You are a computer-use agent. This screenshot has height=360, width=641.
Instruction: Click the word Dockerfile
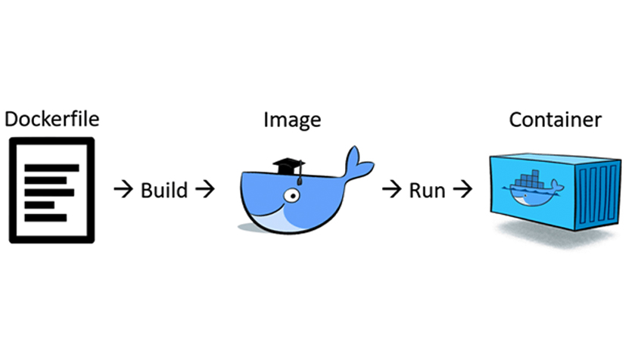51,119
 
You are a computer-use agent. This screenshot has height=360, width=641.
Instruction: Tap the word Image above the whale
291,119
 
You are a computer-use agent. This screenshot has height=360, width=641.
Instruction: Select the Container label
555,119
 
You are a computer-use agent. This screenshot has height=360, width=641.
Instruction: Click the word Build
163,189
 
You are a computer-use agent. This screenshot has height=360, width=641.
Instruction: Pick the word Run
427,189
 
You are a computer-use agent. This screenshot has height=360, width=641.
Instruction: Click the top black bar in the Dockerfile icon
51,168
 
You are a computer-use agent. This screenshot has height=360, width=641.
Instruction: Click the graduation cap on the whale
288,166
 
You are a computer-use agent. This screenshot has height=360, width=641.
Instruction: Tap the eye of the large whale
290,197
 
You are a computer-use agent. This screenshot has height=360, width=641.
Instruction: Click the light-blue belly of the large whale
284,221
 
